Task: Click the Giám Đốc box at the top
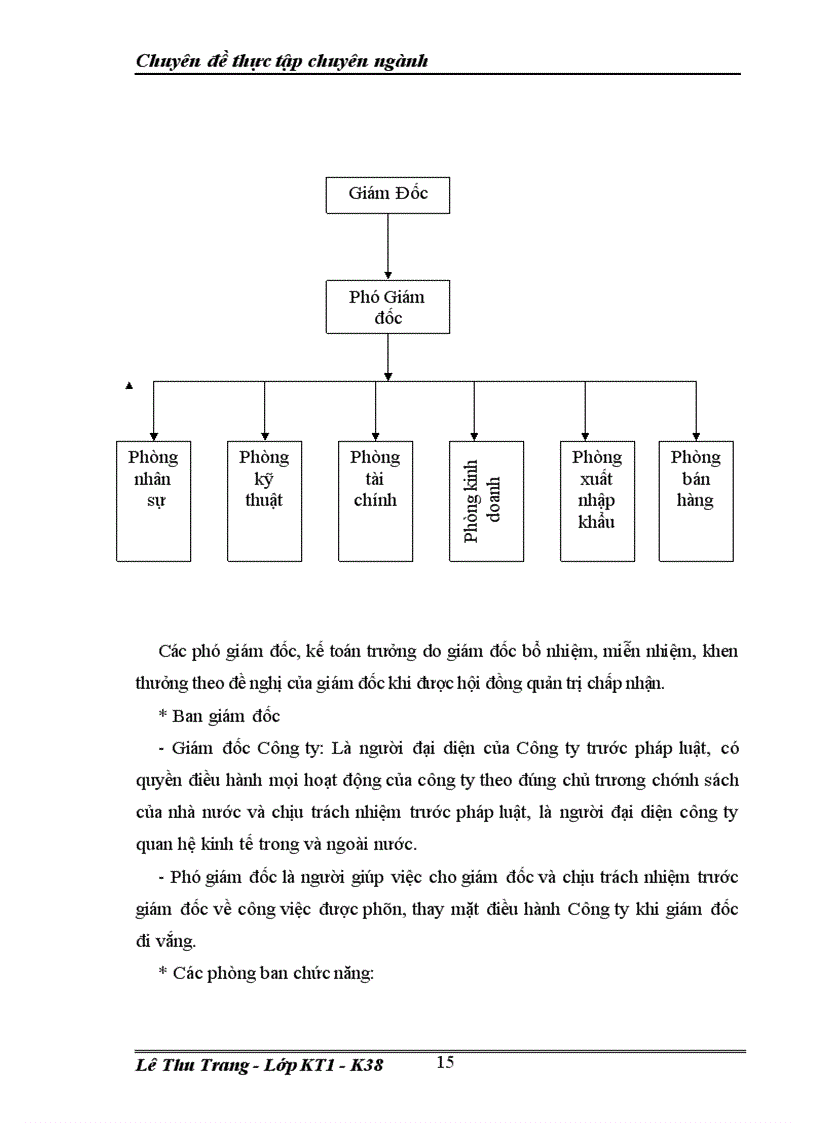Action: pyautogui.click(x=387, y=194)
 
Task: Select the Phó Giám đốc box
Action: pyautogui.click(x=387, y=307)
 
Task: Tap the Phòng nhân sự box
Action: pyautogui.click(x=153, y=500)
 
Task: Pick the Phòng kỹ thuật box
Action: pyautogui.click(x=264, y=500)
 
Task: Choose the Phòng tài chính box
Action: pyautogui.click(x=375, y=500)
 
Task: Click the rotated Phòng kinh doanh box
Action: pyautogui.click(x=486, y=500)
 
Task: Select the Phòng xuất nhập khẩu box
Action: pyautogui.click(x=597, y=500)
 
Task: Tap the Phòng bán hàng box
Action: pyautogui.click(x=695, y=500)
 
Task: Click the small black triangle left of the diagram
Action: pyautogui.click(x=128, y=384)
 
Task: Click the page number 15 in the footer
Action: pyautogui.click(x=445, y=1062)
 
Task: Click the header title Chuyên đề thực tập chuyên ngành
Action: pyautogui.click(x=282, y=61)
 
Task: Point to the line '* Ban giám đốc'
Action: pyautogui.click(x=219, y=716)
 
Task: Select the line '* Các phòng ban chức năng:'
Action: pyautogui.click(x=265, y=973)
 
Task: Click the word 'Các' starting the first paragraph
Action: pyautogui.click(x=173, y=652)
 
